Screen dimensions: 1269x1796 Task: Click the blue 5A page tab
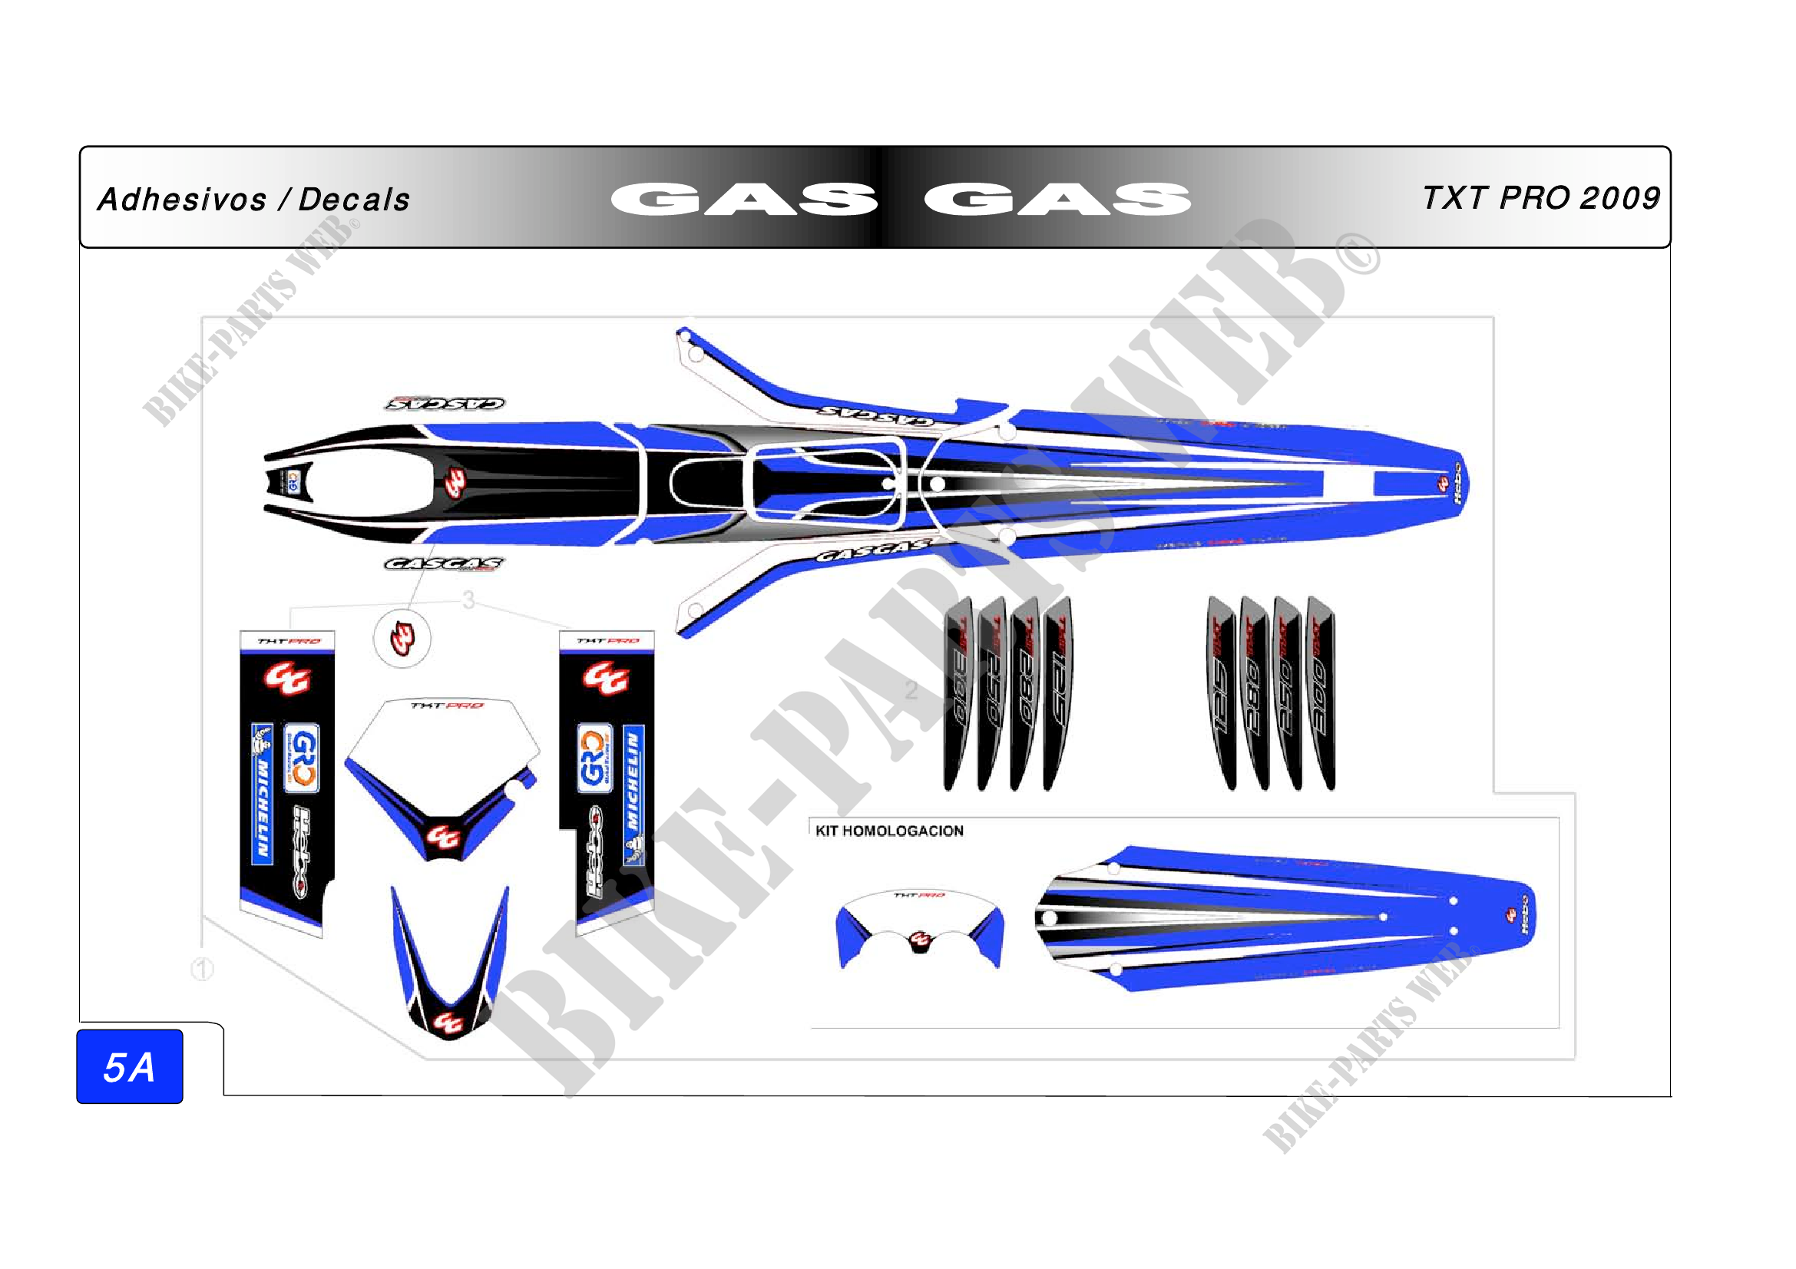pos(130,1066)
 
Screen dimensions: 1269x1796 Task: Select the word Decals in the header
pos(354,200)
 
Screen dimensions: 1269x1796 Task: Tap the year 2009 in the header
pos(1620,199)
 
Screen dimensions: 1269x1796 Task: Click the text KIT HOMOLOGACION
pos(889,831)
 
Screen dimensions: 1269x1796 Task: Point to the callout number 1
pos(203,970)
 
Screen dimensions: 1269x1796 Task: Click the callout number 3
pos(468,600)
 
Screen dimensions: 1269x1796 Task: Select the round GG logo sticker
pos(402,639)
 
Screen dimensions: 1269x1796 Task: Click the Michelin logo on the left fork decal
pos(262,794)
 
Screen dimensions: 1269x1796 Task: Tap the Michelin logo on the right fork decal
pos(633,794)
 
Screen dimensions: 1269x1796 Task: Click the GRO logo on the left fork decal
pos(300,758)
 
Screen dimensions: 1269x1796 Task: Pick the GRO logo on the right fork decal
pos(594,758)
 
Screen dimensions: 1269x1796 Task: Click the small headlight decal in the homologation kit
pos(920,927)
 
